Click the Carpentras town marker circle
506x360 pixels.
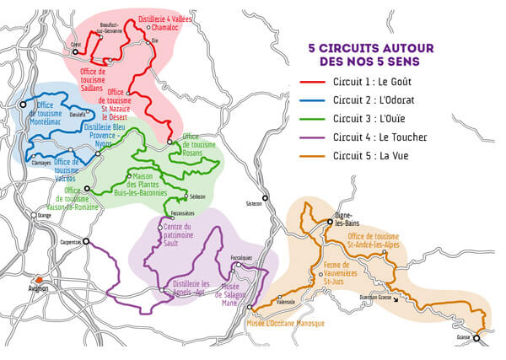pos(84,242)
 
